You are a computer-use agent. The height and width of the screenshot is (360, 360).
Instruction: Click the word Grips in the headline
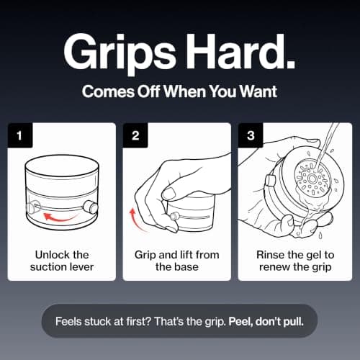[x=120, y=53]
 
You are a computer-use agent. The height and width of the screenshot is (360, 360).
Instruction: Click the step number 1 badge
[x=20, y=135]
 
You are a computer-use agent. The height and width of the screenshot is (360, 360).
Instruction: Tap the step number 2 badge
[x=135, y=135]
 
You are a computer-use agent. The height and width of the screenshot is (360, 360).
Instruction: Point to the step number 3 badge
[x=251, y=135]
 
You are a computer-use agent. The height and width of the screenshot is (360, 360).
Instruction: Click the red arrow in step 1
[x=60, y=217]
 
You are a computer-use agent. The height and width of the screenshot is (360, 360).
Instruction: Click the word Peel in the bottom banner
[x=240, y=321]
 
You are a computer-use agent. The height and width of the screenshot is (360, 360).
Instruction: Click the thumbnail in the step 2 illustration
[x=169, y=192]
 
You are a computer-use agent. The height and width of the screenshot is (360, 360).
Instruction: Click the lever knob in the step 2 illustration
[x=174, y=217]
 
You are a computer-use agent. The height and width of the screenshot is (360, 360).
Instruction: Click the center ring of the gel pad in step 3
[x=312, y=179]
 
